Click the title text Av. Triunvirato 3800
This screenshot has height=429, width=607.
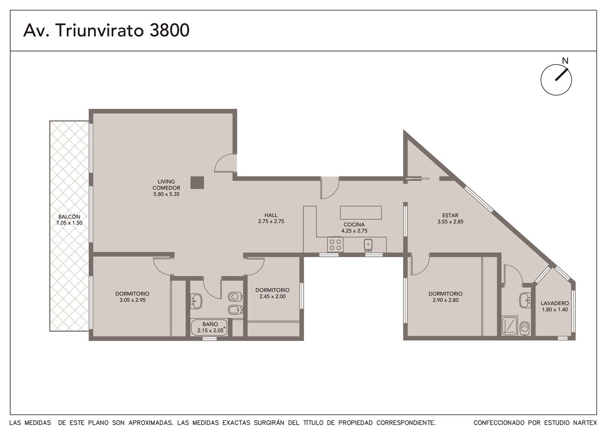(x=106, y=30)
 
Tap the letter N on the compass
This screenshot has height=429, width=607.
(x=565, y=61)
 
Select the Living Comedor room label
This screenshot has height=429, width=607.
(x=166, y=188)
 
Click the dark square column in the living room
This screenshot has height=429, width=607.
(x=197, y=183)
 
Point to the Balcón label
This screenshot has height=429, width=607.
(x=70, y=220)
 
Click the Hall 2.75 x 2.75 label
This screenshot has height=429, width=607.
(x=271, y=218)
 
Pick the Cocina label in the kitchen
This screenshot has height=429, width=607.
(x=354, y=228)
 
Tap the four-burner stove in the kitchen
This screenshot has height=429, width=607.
(x=335, y=244)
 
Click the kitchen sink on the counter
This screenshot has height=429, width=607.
(x=368, y=244)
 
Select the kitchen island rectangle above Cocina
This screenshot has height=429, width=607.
(x=361, y=213)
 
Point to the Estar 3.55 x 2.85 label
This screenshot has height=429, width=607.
(x=450, y=218)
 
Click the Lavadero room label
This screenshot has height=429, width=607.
(x=555, y=307)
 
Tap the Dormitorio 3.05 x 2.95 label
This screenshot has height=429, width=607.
(x=132, y=297)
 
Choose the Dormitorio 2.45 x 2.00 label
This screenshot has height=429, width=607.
(x=273, y=293)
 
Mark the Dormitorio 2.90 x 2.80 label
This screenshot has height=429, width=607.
(x=445, y=297)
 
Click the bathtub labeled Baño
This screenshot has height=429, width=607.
(x=209, y=328)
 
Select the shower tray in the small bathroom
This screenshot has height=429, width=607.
(x=509, y=325)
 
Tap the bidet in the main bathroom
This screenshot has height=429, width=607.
(x=235, y=309)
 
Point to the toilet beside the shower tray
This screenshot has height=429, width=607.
(x=525, y=329)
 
